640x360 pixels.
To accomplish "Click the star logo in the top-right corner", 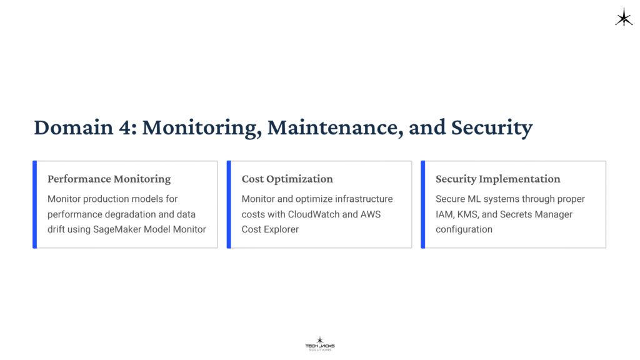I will tap(624, 17).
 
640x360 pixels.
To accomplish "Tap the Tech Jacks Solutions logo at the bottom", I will tap(319, 344).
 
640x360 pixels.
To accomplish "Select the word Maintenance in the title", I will tap(334, 127).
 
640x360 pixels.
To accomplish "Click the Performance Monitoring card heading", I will tap(109, 179).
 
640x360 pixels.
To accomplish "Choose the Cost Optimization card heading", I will tap(287, 179).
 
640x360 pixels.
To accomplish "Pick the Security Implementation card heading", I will tap(497, 179).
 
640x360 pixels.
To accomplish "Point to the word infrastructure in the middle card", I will tap(364, 199).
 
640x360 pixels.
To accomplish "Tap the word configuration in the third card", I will tap(464, 229).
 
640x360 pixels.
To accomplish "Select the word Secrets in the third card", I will tap(515, 214).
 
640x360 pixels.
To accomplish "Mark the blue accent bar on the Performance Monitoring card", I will tap(35, 204).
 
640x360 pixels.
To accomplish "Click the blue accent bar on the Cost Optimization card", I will tap(229, 204).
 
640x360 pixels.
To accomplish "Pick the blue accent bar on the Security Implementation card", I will tap(423, 204).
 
